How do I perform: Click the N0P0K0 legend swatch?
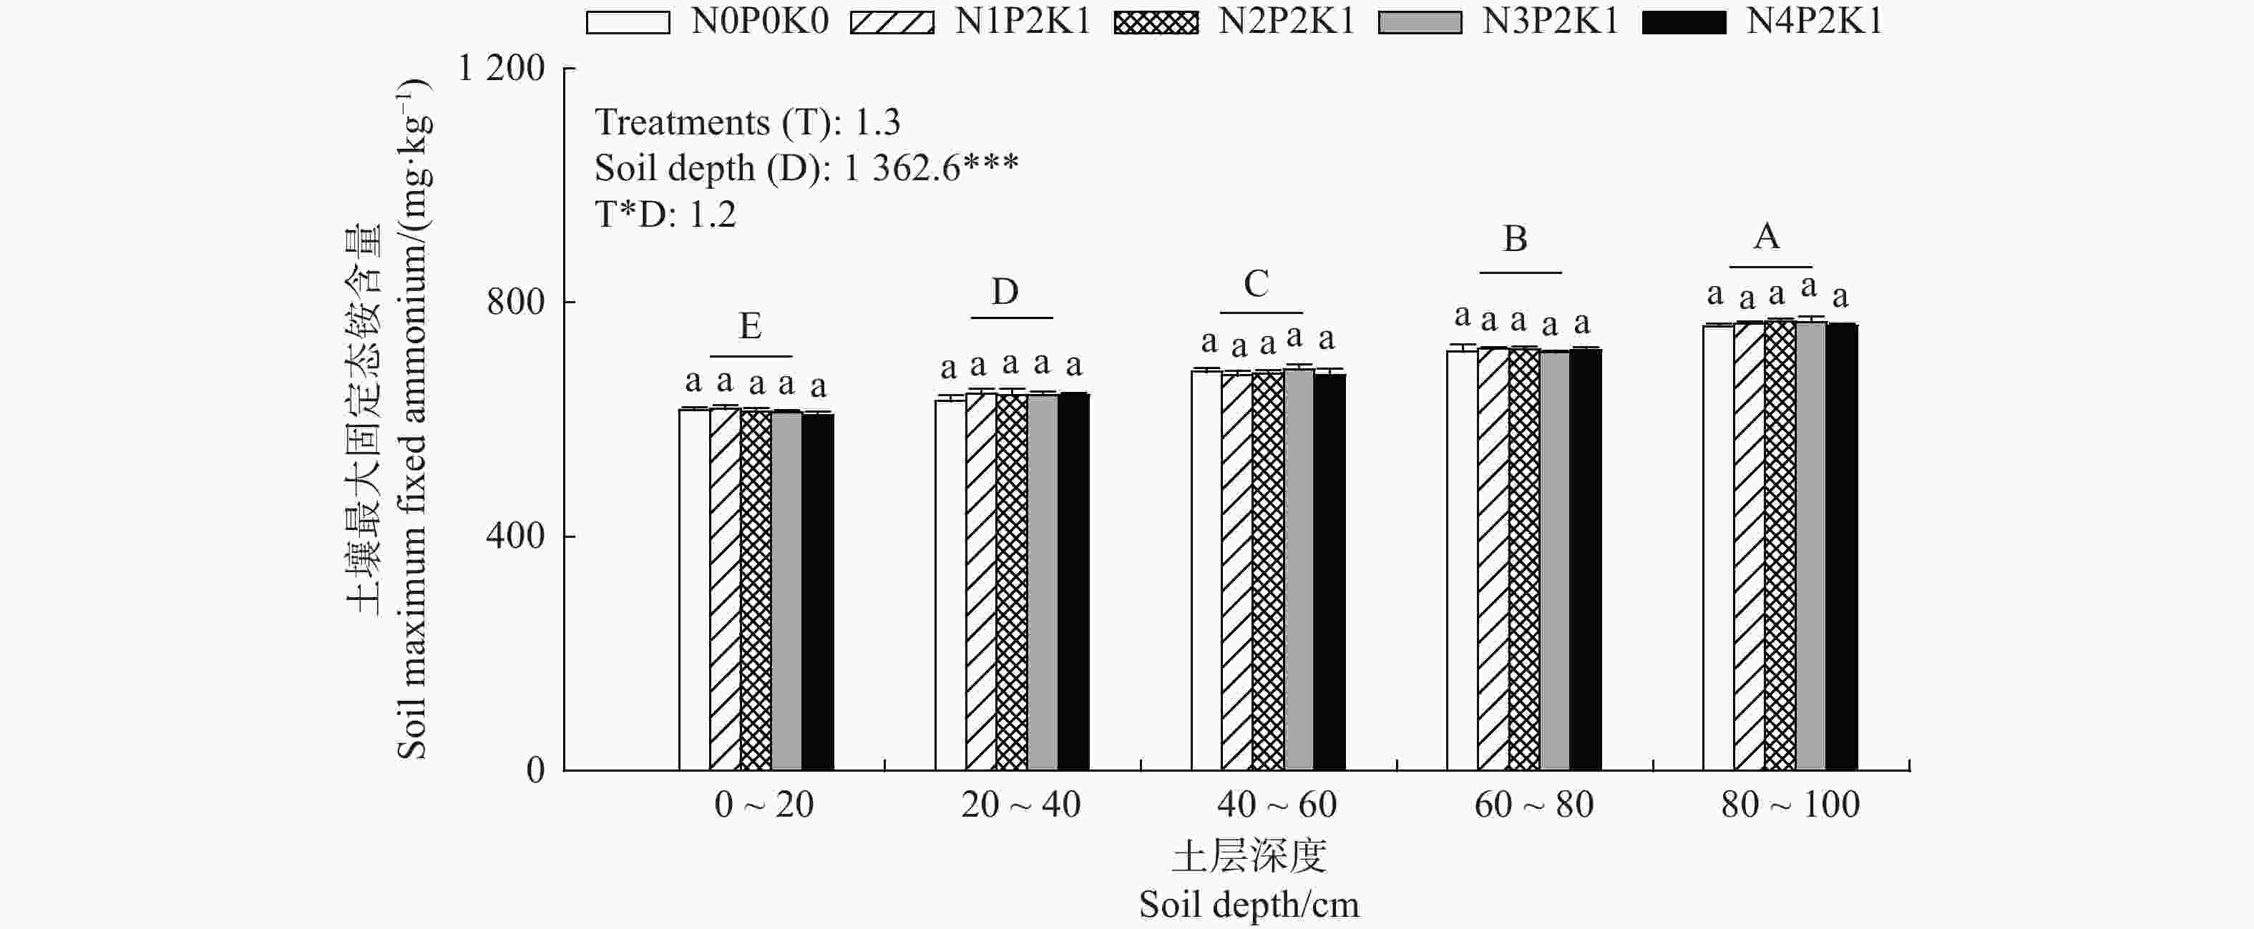click(x=628, y=22)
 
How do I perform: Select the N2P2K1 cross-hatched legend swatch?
click(x=1156, y=22)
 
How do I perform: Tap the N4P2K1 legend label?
click(x=1814, y=21)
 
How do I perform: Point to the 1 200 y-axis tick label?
click(x=502, y=68)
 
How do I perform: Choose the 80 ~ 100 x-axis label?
click(x=1790, y=805)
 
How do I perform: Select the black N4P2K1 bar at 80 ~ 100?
click(x=1841, y=546)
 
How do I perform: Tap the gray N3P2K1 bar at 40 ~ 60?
click(x=1299, y=569)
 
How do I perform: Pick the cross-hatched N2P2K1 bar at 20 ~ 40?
click(x=1012, y=581)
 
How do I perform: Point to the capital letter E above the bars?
click(x=750, y=326)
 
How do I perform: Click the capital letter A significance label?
click(x=1767, y=237)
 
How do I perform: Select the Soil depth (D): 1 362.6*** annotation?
click(x=806, y=168)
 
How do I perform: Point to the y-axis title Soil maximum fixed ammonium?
click(x=411, y=420)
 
